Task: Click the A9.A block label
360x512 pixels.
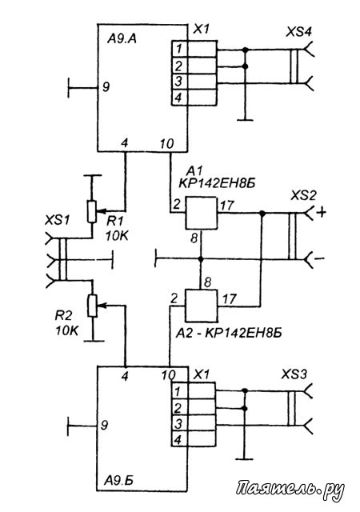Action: point(122,39)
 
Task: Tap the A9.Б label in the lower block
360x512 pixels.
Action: point(119,480)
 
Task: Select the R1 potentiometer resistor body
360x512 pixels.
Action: point(92,211)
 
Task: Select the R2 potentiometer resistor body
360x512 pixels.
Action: point(93,306)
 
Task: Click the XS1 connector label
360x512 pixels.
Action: point(58,221)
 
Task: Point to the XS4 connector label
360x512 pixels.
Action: point(299,32)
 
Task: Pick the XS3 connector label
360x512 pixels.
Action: point(294,374)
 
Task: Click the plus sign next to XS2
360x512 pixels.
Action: point(322,213)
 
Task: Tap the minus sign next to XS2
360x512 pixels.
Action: point(320,259)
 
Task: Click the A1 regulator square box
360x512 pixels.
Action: point(201,213)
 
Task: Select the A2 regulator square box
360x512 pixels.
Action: point(202,306)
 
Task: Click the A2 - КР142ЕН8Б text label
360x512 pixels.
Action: point(228,333)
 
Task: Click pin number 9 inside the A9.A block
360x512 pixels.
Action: point(106,87)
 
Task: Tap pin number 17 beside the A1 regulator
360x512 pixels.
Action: point(227,206)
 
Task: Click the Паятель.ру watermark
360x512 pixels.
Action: point(290,490)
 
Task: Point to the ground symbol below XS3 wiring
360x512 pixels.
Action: point(244,459)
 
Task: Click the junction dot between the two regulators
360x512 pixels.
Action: point(201,259)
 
